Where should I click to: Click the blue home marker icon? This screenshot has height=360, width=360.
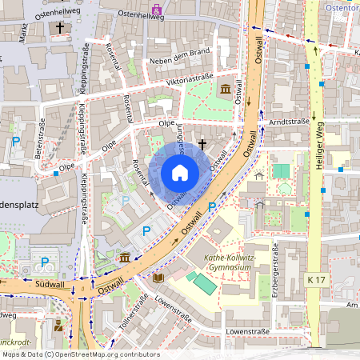[179, 173]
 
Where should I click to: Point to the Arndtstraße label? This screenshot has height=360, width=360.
[289, 122]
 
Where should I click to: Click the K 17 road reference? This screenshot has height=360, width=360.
[318, 279]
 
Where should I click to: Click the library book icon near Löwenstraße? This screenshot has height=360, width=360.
[158, 278]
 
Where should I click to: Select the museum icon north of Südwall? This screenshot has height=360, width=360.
[125, 258]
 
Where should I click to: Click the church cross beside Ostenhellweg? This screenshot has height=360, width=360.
[60, 28]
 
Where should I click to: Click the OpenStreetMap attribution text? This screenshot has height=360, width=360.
[80, 354]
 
